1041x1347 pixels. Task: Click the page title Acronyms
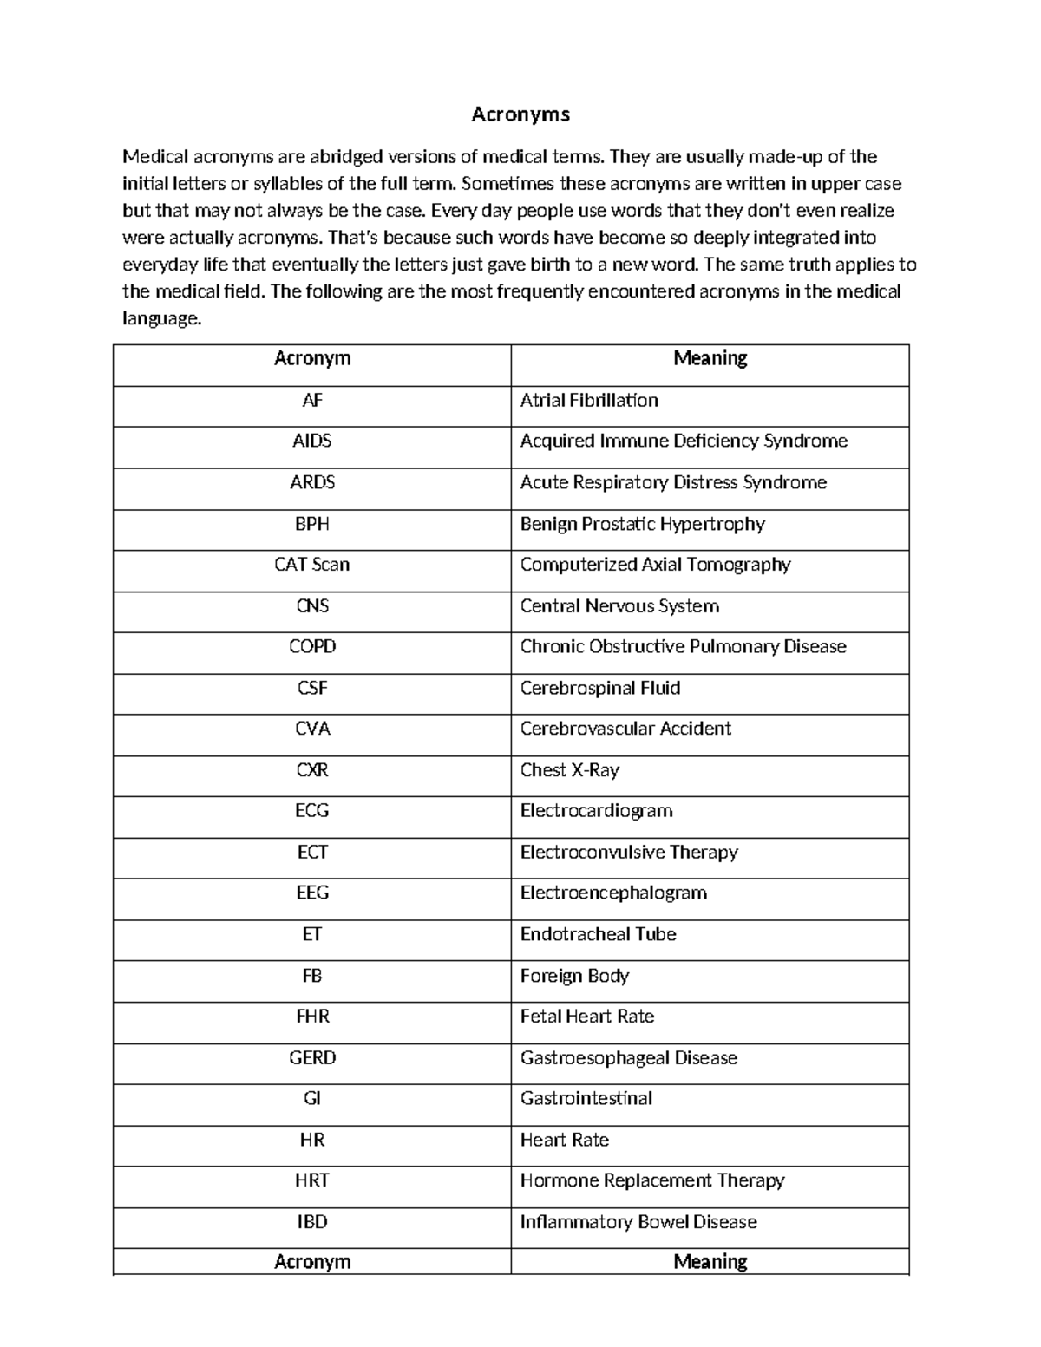point(520,114)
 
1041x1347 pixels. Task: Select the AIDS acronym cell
point(311,441)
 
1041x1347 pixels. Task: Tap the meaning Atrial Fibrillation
point(589,401)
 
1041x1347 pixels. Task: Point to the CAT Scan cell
point(311,565)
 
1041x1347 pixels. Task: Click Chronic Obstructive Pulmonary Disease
point(683,647)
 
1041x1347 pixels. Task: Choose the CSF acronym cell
point(311,689)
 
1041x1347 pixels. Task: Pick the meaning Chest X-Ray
point(569,770)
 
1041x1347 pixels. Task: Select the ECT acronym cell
point(311,853)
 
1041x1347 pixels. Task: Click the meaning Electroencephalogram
point(613,893)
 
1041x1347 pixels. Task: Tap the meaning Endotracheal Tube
point(598,935)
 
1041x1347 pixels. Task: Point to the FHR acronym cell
point(311,1017)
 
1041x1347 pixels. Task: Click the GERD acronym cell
point(311,1058)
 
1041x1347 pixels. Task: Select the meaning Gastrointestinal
point(586,1099)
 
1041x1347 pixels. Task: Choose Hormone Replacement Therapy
point(651,1181)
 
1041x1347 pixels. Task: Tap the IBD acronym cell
point(311,1222)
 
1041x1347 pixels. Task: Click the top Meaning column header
point(710,358)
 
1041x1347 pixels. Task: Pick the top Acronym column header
point(311,358)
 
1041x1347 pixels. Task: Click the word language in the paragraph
point(161,318)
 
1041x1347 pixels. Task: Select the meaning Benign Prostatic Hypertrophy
point(642,524)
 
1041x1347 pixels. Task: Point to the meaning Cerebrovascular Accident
point(625,729)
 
